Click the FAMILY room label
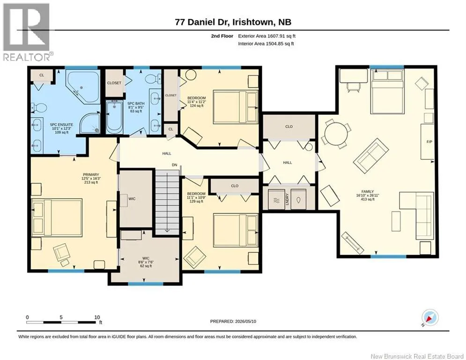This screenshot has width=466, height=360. click(x=368, y=192)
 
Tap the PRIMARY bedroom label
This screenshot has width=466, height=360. click(x=91, y=175)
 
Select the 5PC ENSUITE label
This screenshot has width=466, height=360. click(x=61, y=125)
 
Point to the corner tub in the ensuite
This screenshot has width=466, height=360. click(x=82, y=87)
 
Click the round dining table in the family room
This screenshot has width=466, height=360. click(x=336, y=134)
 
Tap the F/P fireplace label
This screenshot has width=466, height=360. click(x=429, y=142)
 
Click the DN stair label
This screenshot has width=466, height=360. click(x=174, y=165)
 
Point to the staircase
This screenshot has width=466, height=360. click(x=167, y=202)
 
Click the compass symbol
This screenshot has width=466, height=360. click(x=430, y=318)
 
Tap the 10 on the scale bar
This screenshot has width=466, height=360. click(x=97, y=317)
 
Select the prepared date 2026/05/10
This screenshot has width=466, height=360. click(x=245, y=321)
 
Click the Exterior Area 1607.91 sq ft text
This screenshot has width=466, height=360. click(x=267, y=36)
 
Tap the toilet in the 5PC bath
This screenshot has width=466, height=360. click(x=152, y=79)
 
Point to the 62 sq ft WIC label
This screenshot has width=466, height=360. click(x=146, y=266)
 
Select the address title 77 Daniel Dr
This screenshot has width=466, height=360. click(x=201, y=22)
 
